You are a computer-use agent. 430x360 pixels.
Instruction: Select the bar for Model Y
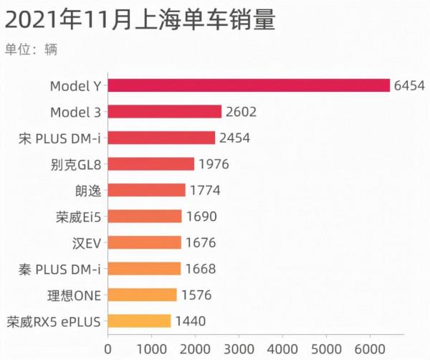coord(249,85)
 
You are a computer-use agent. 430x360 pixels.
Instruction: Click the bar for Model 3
coord(164,111)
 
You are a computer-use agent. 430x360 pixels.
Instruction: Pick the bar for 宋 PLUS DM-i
coord(161,138)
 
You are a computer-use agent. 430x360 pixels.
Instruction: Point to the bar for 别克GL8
coord(150,164)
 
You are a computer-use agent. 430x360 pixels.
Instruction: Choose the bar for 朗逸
coord(146,190)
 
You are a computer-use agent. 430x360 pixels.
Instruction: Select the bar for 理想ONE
coord(142,295)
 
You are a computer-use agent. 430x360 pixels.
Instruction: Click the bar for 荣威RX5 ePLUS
coord(139,321)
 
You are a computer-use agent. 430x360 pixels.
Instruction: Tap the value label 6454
coord(409,85)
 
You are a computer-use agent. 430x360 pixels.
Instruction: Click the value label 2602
coord(241,111)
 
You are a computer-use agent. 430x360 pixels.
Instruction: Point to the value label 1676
coord(200,242)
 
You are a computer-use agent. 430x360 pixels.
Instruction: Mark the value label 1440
coord(190,321)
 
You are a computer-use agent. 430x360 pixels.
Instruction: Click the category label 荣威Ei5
coord(79,217)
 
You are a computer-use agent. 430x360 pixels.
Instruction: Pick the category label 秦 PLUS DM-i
coord(60,269)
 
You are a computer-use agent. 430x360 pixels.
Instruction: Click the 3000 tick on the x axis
coord(239,349)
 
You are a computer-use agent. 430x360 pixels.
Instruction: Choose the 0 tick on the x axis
coord(107,349)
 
